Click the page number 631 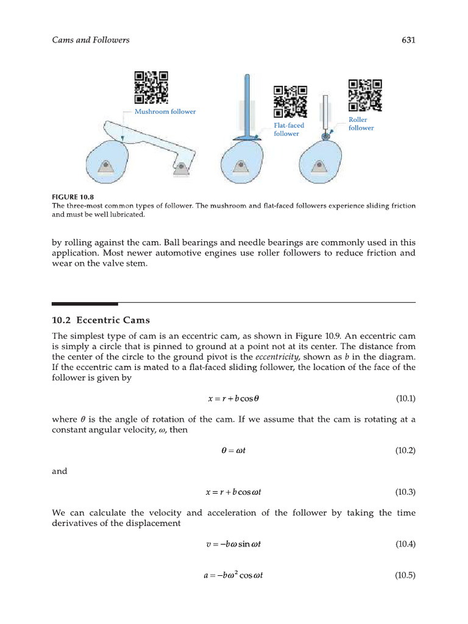(408, 40)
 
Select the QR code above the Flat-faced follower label (291, 101)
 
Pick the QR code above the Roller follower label (365, 96)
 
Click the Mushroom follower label (165, 112)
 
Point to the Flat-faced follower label (288, 129)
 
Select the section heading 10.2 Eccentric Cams (101, 320)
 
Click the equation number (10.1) (405, 399)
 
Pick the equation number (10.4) (405, 544)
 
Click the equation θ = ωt (233, 451)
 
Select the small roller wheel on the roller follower (326, 138)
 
